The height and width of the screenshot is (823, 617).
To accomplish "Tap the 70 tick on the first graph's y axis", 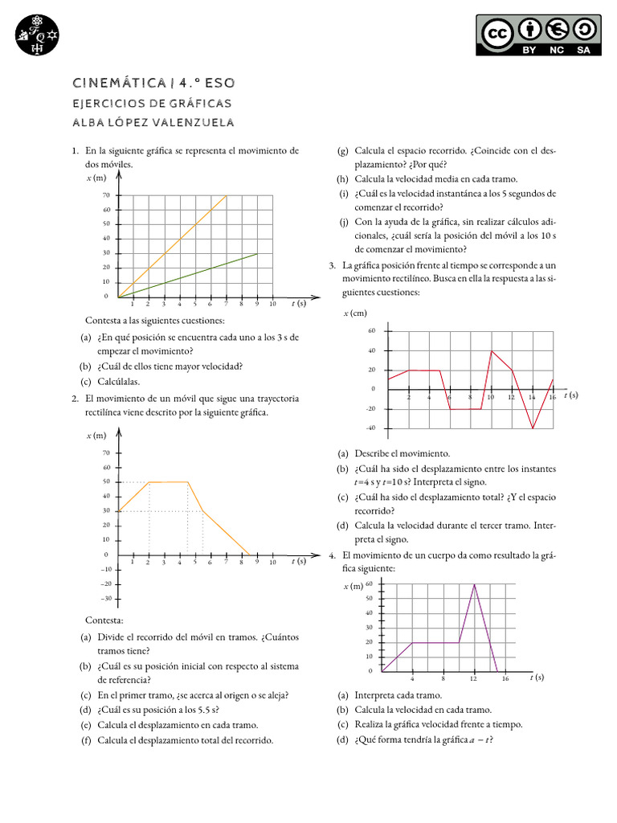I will tap(106, 195).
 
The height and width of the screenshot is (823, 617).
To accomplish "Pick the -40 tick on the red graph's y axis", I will tap(371, 428).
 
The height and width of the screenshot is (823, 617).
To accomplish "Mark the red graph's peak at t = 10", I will tap(491, 350).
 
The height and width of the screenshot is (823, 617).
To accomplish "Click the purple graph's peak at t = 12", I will tap(474, 584).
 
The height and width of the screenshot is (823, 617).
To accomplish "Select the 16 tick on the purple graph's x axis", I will tap(505, 679).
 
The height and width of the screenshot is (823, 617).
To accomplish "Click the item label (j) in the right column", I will tap(343, 222).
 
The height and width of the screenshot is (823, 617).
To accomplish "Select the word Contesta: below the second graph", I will tap(104, 621).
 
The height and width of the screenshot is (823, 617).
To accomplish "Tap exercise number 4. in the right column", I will tap(332, 555).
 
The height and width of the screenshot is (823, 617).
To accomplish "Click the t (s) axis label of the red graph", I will tap(570, 395).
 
